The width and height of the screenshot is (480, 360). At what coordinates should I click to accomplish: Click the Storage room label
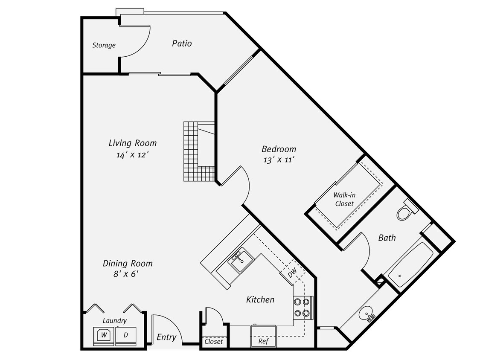click(x=104, y=45)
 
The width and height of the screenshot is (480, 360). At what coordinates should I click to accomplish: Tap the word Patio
click(x=182, y=44)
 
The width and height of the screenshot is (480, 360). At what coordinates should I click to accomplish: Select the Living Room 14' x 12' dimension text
click(x=132, y=155)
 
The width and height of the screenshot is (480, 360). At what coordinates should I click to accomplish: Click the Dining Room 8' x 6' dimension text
click(x=126, y=274)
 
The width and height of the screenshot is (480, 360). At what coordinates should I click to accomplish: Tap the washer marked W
click(x=104, y=335)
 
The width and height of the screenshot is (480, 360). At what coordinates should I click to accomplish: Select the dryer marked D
click(x=126, y=335)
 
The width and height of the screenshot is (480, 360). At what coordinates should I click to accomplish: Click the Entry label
click(x=166, y=337)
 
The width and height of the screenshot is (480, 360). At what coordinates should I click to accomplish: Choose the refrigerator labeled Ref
click(x=263, y=337)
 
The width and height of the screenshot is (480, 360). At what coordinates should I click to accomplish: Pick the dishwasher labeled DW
click(x=292, y=273)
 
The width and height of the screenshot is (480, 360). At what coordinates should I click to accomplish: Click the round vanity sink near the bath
click(x=366, y=315)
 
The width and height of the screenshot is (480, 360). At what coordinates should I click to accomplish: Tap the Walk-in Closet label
click(x=344, y=199)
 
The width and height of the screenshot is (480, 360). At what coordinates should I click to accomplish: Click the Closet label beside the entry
click(x=214, y=342)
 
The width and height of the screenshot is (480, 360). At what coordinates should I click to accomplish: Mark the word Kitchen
click(x=260, y=300)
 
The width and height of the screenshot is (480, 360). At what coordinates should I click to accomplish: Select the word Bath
click(x=387, y=238)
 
